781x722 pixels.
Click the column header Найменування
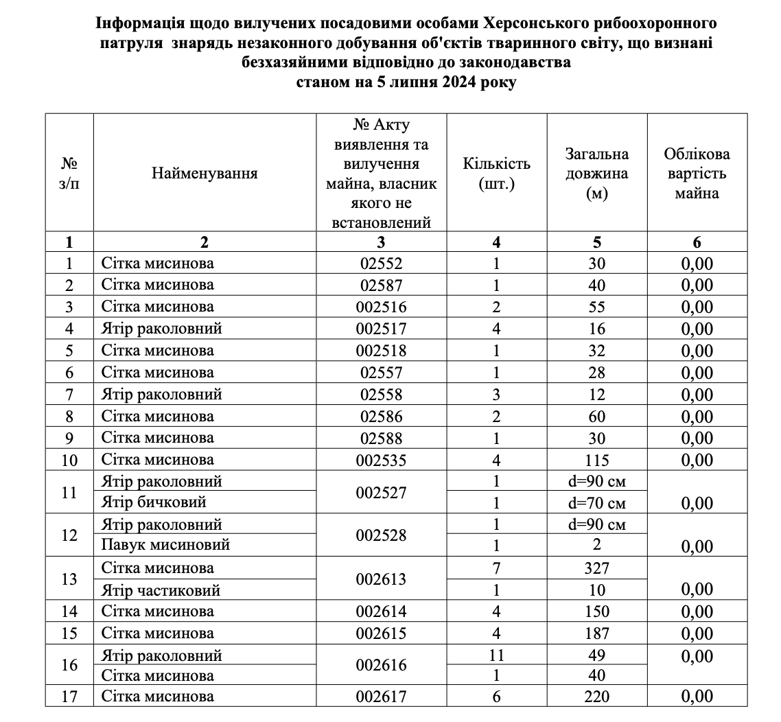[205, 173]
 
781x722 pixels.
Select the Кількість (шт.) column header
[496, 174]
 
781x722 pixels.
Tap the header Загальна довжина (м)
[596, 174]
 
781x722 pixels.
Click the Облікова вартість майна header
[697, 174]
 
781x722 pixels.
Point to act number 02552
[381, 263]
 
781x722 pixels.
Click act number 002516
[381, 307]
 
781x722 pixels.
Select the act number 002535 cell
[381, 460]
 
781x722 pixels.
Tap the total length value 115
[596, 460]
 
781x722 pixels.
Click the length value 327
[596, 568]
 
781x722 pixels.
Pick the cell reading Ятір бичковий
[154, 503]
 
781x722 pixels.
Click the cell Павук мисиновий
[165, 546]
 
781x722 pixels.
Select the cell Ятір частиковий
[161, 590]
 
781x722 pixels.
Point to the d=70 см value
[596, 503]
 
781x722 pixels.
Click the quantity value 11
[496, 655]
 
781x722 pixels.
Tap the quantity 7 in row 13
[496, 568]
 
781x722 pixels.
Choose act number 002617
[381, 697]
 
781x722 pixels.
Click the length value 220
[596, 697]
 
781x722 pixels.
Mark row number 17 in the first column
[69, 697]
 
